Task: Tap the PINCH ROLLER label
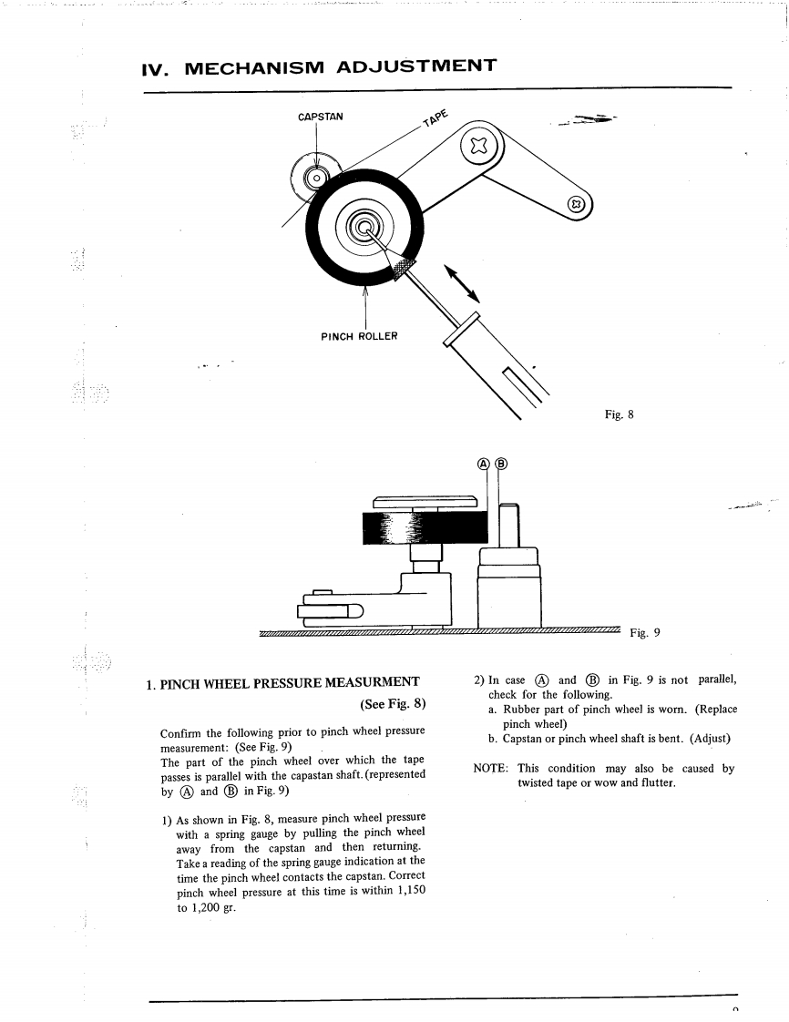(x=359, y=335)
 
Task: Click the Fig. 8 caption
(x=619, y=414)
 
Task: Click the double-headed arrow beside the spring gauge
(x=463, y=282)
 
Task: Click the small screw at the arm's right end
(x=575, y=204)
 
